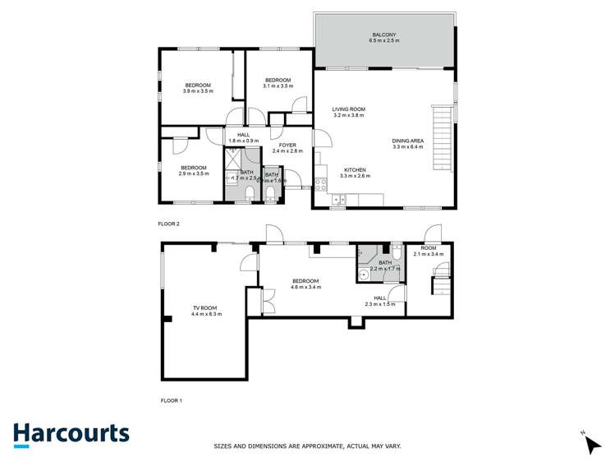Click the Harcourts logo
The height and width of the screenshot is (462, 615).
coord(71,434)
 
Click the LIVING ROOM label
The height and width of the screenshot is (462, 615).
coord(348,112)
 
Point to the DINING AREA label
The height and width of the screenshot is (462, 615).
coord(407,144)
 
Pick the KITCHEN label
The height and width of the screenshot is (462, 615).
coord(355,173)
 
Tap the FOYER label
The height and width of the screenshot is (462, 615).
coord(287,148)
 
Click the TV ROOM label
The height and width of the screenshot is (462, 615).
coord(207,311)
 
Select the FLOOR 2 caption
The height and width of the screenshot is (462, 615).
coord(168,223)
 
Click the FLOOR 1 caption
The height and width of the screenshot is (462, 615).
coord(170,400)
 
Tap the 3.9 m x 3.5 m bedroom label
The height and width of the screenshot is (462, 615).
coord(198,88)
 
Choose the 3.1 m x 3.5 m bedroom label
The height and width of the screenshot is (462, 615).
coord(278,83)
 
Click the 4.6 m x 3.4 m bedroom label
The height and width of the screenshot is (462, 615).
coord(305,284)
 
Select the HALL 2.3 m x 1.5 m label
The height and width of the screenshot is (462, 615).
coord(380,301)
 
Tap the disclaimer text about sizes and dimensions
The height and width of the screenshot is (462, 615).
coord(307,446)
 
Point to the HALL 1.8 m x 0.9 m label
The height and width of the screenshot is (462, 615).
coord(243,138)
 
